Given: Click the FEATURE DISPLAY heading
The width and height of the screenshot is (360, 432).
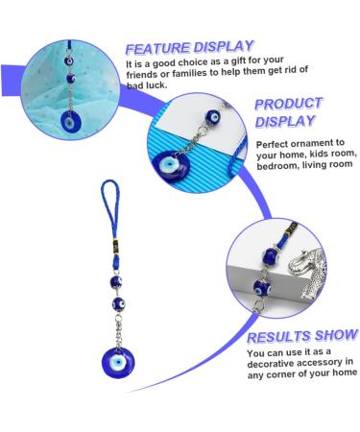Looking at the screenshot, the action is [x=189, y=47].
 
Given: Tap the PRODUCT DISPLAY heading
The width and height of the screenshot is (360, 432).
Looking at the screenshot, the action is [x=288, y=112].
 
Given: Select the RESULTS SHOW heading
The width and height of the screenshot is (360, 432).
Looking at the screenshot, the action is [x=301, y=336].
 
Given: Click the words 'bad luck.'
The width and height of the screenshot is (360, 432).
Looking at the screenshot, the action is [x=147, y=85].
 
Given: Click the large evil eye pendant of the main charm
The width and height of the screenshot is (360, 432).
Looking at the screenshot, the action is [x=118, y=363].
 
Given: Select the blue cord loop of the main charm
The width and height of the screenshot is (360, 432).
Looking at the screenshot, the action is [x=110, y=204].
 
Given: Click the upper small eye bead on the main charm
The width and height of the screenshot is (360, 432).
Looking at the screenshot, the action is [x=116, y=282].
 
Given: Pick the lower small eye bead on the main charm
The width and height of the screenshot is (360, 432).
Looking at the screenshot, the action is [x=118, y=303].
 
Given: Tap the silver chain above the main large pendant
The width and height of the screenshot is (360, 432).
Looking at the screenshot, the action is [x=118, y=329].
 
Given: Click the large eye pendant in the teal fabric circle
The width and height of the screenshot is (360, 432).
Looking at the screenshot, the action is [x=71, y=122].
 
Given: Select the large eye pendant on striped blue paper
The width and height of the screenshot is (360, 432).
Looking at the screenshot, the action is [x=171, y=166].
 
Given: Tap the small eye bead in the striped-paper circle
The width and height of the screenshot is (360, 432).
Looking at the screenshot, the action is [x=213, y=117].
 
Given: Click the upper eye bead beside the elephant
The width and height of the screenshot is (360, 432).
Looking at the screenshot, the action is [x=271, y=256].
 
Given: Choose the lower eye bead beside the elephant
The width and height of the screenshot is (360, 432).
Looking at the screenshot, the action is [x=262, y=287].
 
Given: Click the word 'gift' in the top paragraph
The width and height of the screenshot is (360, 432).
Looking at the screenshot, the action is [x=237, y=60].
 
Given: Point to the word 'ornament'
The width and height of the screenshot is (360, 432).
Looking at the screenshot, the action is [x=310, y=143].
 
